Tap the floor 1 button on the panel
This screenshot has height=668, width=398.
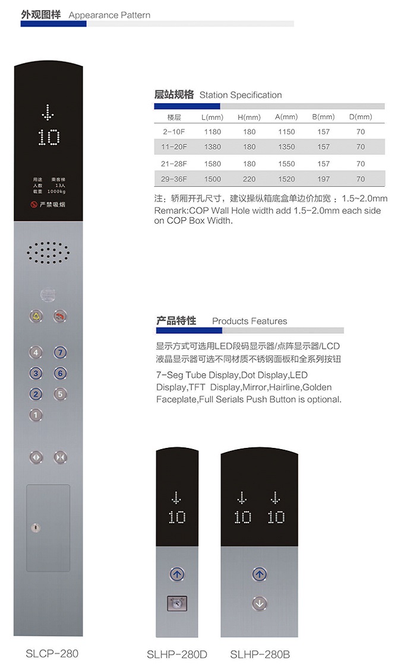coord(36,415)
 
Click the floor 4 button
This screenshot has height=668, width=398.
coord(36,352)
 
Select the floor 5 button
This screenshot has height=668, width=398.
coord(60,393)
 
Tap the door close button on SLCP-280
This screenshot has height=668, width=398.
coord(60,457)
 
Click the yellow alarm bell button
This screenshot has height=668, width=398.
coord(36,316)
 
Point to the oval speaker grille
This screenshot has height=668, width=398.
coord(48,253)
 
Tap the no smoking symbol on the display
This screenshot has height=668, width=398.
coord(34,205)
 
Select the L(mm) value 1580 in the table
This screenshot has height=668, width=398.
coord(212,164)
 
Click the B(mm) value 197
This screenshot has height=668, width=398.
coord(323,179)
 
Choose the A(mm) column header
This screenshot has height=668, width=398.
coord(286,117)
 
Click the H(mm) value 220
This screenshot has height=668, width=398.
coord(249,179)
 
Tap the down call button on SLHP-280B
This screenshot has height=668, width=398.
coord(258,604)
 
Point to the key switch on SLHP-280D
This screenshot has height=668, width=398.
coord(176,603)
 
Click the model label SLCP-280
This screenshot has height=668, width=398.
coord(52,654)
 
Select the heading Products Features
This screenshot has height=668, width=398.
coord(249,321)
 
